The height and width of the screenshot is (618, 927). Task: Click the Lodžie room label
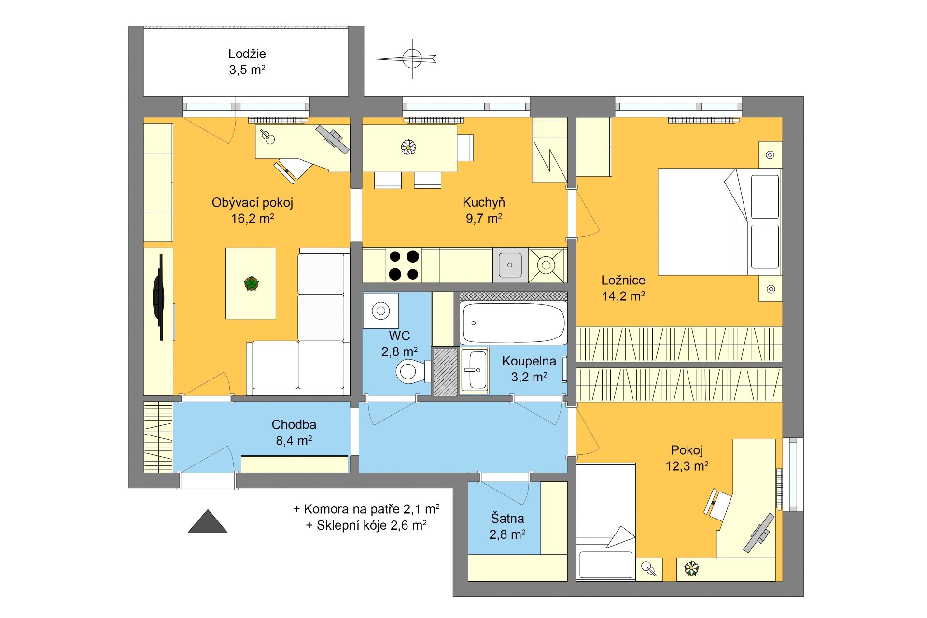(x=247, y=54)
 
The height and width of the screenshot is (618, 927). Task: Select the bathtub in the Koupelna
(x=513, y=323)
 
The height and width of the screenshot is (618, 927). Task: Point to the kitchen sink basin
(x=510, y=265)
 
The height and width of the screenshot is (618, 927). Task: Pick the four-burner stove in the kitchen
(x=404, y=265)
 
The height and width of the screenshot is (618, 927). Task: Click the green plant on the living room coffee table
(x=251, y=283)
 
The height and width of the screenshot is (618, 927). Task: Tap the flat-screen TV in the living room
(x=159, y=297)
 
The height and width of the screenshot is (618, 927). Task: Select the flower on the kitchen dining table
(x=408, y=147)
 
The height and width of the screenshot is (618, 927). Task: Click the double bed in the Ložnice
(x=719, y=222)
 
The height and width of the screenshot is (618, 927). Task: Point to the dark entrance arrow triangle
(x=208, y=521)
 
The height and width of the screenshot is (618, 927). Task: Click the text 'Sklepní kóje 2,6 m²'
(x=371, y=525)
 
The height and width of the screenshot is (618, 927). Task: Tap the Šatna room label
(x=507, y=519)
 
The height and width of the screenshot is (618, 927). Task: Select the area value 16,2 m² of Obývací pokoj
(x=253, y=219)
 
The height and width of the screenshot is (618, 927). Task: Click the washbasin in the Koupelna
(x=475, y=370)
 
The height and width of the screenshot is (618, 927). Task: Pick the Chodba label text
(x=294, y=425)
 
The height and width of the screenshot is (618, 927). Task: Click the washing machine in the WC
(x=381, y=311)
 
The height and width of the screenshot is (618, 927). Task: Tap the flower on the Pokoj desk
(x=691, y=568)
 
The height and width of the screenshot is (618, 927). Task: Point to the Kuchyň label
(x=484, y=203)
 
